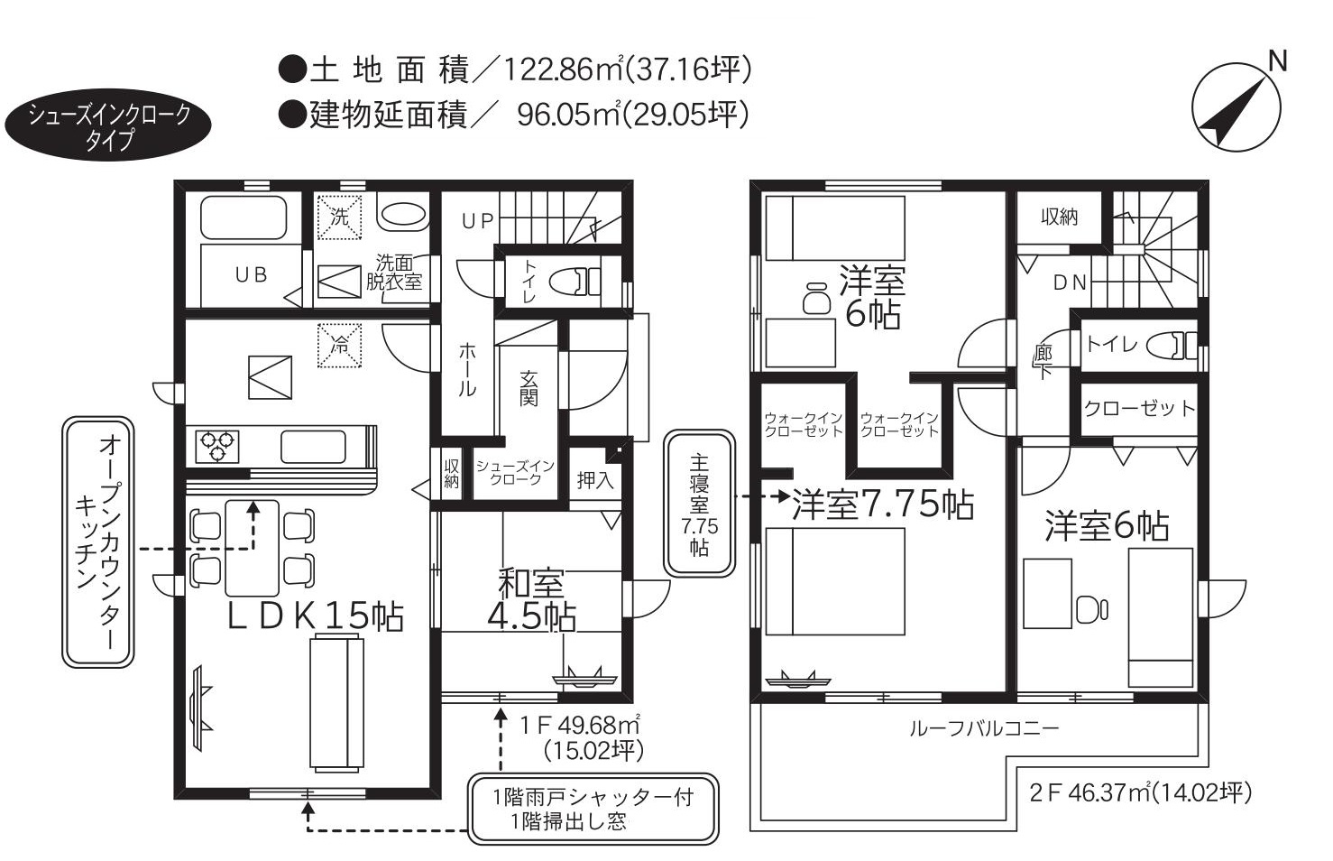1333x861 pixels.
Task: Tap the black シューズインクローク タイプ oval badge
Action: pos(108,125)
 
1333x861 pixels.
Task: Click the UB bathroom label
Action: pos(251,274)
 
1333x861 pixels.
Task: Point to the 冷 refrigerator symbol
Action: pos(339,346)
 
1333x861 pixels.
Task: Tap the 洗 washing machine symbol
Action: pos(339,217)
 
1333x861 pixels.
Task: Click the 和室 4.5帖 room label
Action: pos(531,600)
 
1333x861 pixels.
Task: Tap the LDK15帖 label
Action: pos(316,616)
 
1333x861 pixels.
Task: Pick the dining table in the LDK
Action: pos(253,549)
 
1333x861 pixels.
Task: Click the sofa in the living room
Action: pos(336,703)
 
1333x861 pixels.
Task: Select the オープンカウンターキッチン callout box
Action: pos(98,542)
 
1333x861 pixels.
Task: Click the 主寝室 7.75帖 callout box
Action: pos(699,504)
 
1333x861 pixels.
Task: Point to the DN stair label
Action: pos(1070,282)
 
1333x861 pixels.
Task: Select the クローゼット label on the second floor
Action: pos(1139,409)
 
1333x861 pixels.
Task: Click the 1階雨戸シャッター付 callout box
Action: pos(593,810)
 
